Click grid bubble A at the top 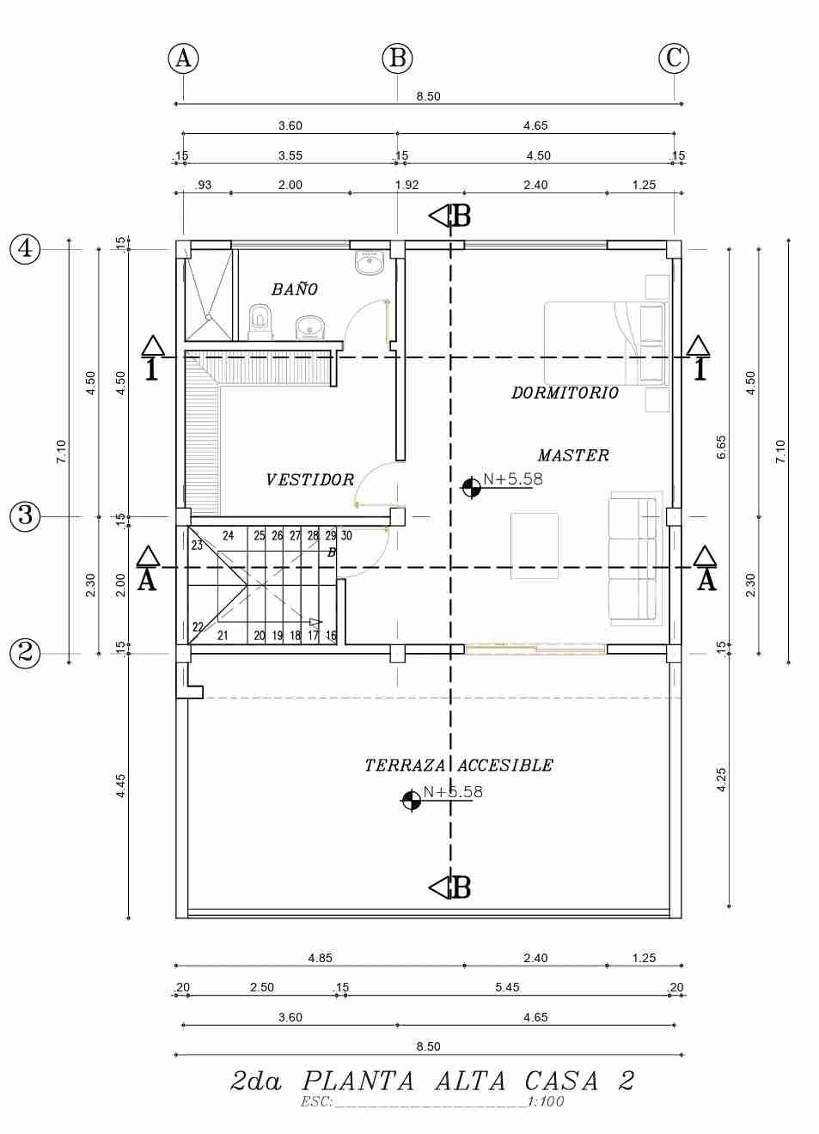coord(183,58)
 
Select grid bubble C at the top coord(674,58)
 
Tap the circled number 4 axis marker coord(25,249)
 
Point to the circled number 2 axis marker coord(25,653)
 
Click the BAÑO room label coord(294,289)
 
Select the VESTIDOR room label coord(310,479)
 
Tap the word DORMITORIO coord(565,393)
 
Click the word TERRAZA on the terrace coord(405,765)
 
